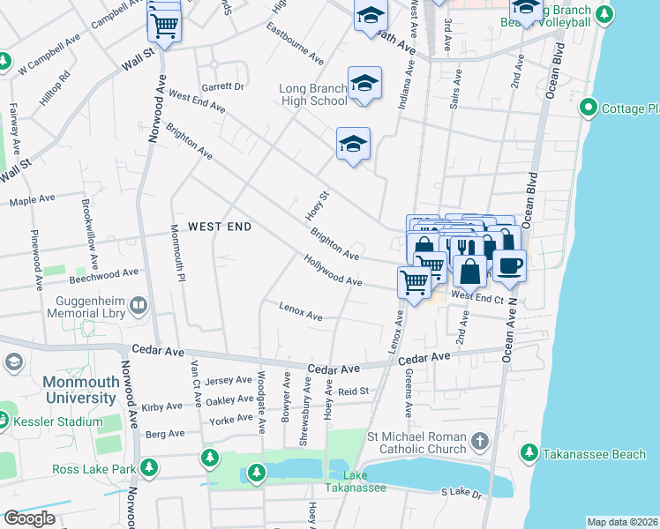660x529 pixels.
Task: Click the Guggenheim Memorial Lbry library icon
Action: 138,306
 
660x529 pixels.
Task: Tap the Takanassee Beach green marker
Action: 528,453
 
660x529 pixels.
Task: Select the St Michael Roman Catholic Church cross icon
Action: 478,439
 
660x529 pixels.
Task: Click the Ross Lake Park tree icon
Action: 149,467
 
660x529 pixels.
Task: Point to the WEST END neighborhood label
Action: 219,227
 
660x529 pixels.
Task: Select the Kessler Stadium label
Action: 60,422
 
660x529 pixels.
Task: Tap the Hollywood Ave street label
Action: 333,270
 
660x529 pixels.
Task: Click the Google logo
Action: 29,518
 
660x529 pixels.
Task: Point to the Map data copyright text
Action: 622,522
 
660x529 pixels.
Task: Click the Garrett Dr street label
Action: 221,86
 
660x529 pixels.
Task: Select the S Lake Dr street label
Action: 463,493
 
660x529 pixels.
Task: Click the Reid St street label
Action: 352,391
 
